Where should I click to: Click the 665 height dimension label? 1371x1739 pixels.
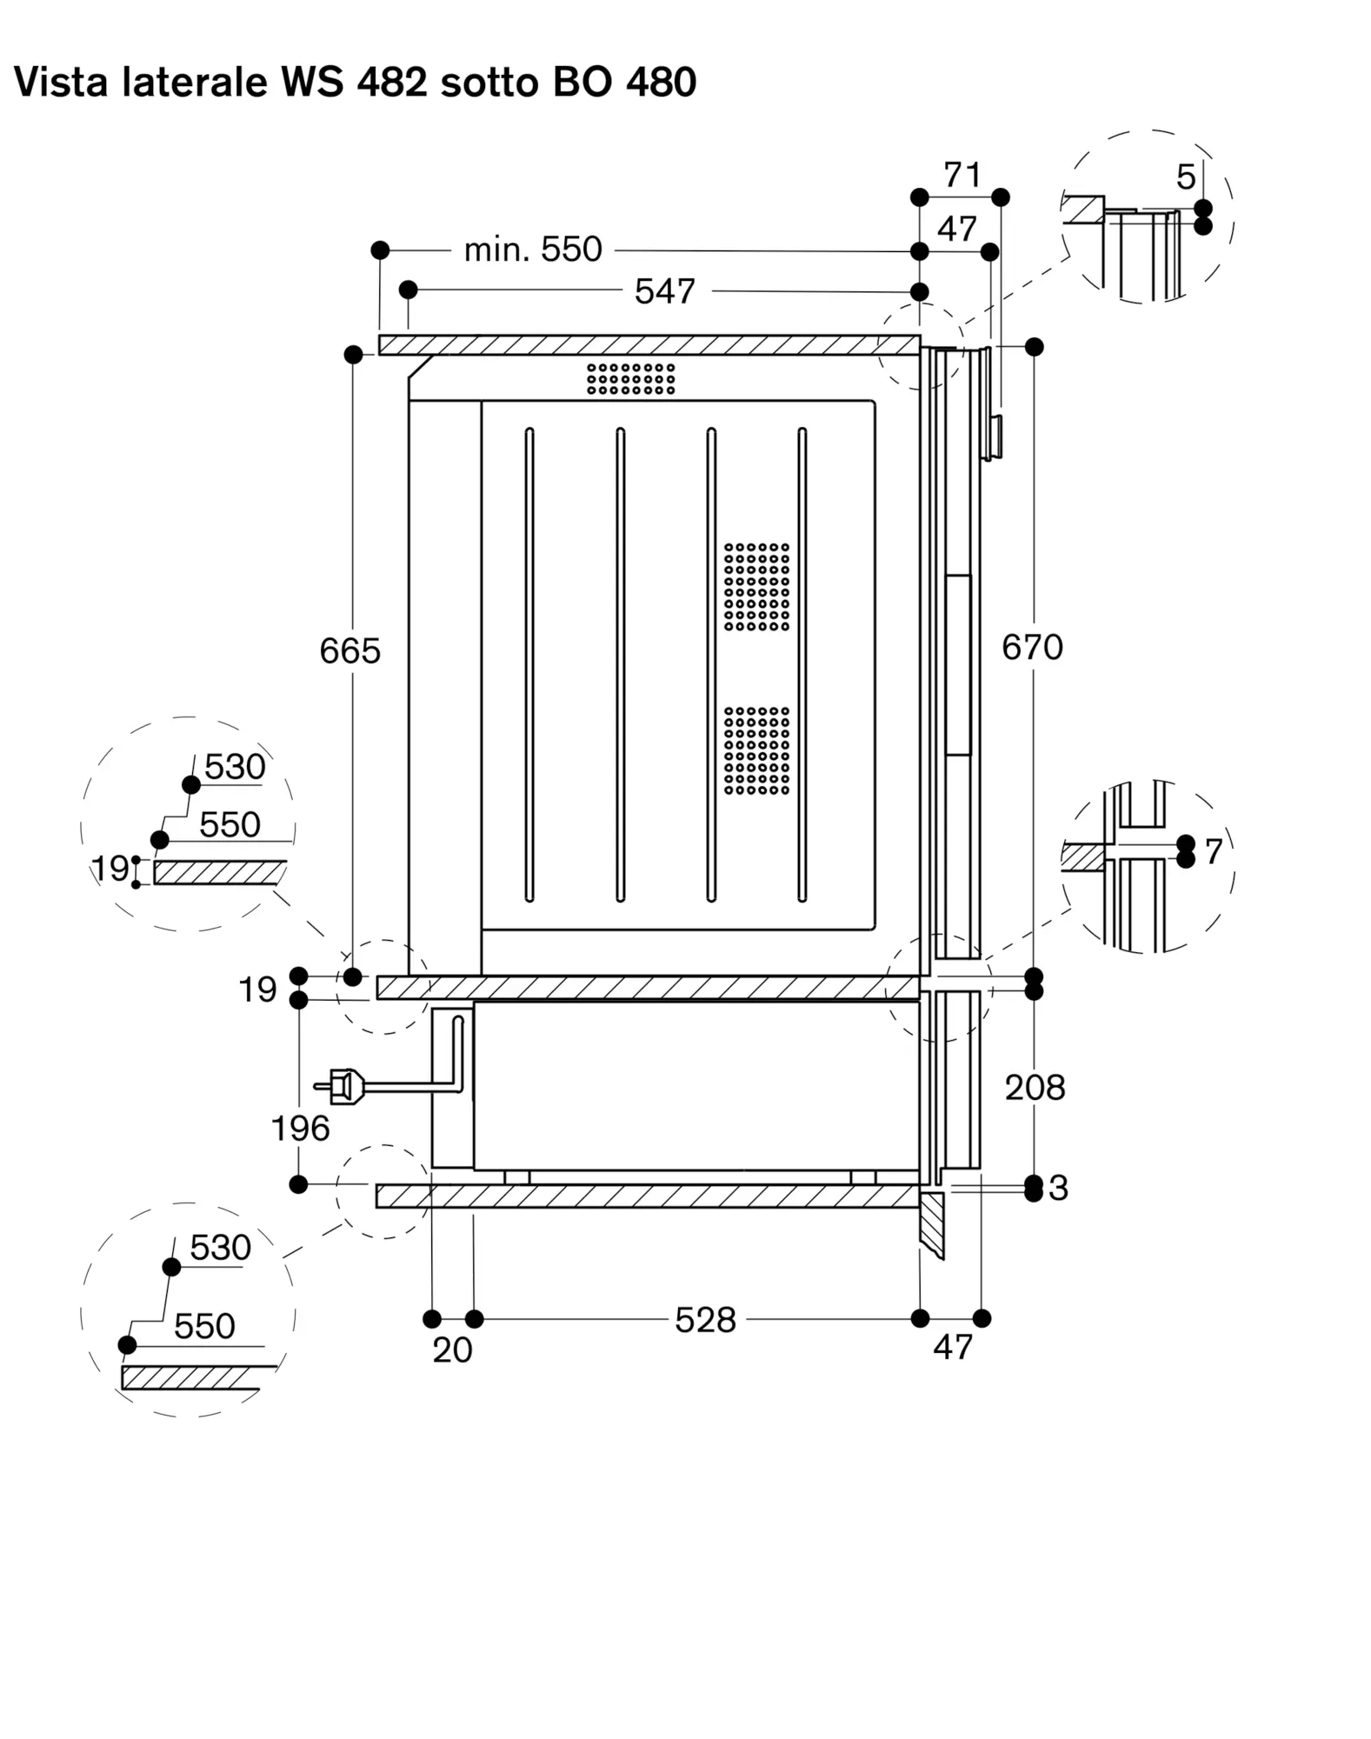[350, 650]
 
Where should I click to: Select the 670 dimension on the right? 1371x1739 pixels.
[1032, 647]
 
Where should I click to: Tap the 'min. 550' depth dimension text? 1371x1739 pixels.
[533, 250]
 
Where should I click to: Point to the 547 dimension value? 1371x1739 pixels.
[665, 291]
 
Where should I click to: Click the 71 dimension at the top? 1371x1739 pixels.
[962, 176]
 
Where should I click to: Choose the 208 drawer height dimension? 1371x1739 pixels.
[1035, 1087]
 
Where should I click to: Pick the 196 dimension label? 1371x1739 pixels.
[301, 1129]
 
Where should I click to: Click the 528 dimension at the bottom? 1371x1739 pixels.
[706, 1320]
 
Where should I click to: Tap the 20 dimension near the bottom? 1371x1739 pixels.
[453, 1349]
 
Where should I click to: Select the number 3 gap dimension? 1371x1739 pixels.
[1058, 1188]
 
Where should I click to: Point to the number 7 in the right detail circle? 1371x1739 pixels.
[1214, 852]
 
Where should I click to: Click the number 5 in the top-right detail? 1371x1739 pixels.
[1186, 177]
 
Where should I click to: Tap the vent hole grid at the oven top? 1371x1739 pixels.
[631, 378]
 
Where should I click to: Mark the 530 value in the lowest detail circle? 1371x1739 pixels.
[221, 1248]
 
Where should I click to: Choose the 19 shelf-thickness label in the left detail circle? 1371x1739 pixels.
[110, 868]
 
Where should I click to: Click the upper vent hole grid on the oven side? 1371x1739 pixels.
[757, 587]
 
